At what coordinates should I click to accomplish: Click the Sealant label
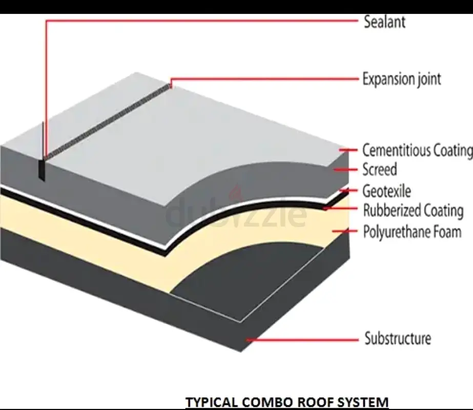pos(384,22)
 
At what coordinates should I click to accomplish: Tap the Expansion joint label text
pos(401,79)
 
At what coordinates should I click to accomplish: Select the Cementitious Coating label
pos(417,150)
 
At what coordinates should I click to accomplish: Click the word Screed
pos(379,169)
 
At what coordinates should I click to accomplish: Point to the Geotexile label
pos(386,191)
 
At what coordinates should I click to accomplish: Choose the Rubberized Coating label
pos(413,211)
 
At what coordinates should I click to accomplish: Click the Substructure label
pos(398,339)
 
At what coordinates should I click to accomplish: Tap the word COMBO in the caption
pos(262,402)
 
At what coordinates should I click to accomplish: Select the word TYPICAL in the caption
pos(210,402)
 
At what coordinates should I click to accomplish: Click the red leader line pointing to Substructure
pos(302,339)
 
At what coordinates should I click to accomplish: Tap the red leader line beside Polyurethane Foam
pos(344,231)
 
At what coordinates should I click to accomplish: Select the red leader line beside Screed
pos(344,169)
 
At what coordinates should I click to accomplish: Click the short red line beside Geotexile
pos(348,191)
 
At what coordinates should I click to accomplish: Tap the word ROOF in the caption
pos(313,402)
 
